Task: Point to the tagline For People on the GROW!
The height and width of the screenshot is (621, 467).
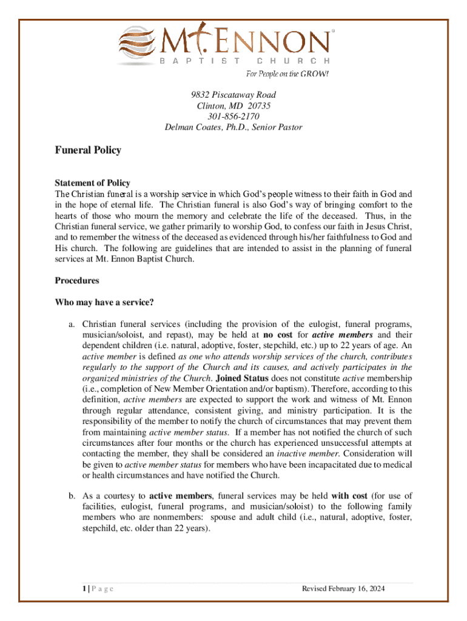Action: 287,74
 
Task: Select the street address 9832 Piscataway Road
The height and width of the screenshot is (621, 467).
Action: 233,95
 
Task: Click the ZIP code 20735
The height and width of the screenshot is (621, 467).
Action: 259,106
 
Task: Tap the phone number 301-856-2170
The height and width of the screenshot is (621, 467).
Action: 233,116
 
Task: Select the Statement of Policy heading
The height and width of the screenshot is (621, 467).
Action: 92,183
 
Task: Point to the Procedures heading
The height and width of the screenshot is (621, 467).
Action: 77,281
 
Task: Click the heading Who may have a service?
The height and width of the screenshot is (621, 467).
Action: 104,303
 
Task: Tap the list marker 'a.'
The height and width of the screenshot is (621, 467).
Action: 71,324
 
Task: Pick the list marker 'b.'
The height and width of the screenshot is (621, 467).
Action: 71,495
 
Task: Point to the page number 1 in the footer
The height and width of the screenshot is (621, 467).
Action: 70,589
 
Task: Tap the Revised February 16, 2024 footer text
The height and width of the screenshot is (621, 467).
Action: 343,589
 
